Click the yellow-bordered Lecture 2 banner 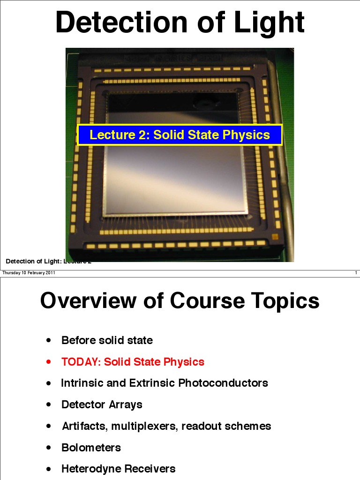pyautogui.click(x=180, y=135)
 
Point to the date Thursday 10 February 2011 pyautogui.click(x=29, y=273)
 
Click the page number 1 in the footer pyautogui.click(x=356, y=273)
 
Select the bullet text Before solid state pyautogui.click(x=107, y=340)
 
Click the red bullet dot pyautogui.click(x=49, y=362)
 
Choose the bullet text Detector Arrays pyautogui.click(x=102, y=405)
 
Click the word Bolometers pyautogui.click(x=91, y=448)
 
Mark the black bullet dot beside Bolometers pyautogui.click(x=49, y=448)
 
